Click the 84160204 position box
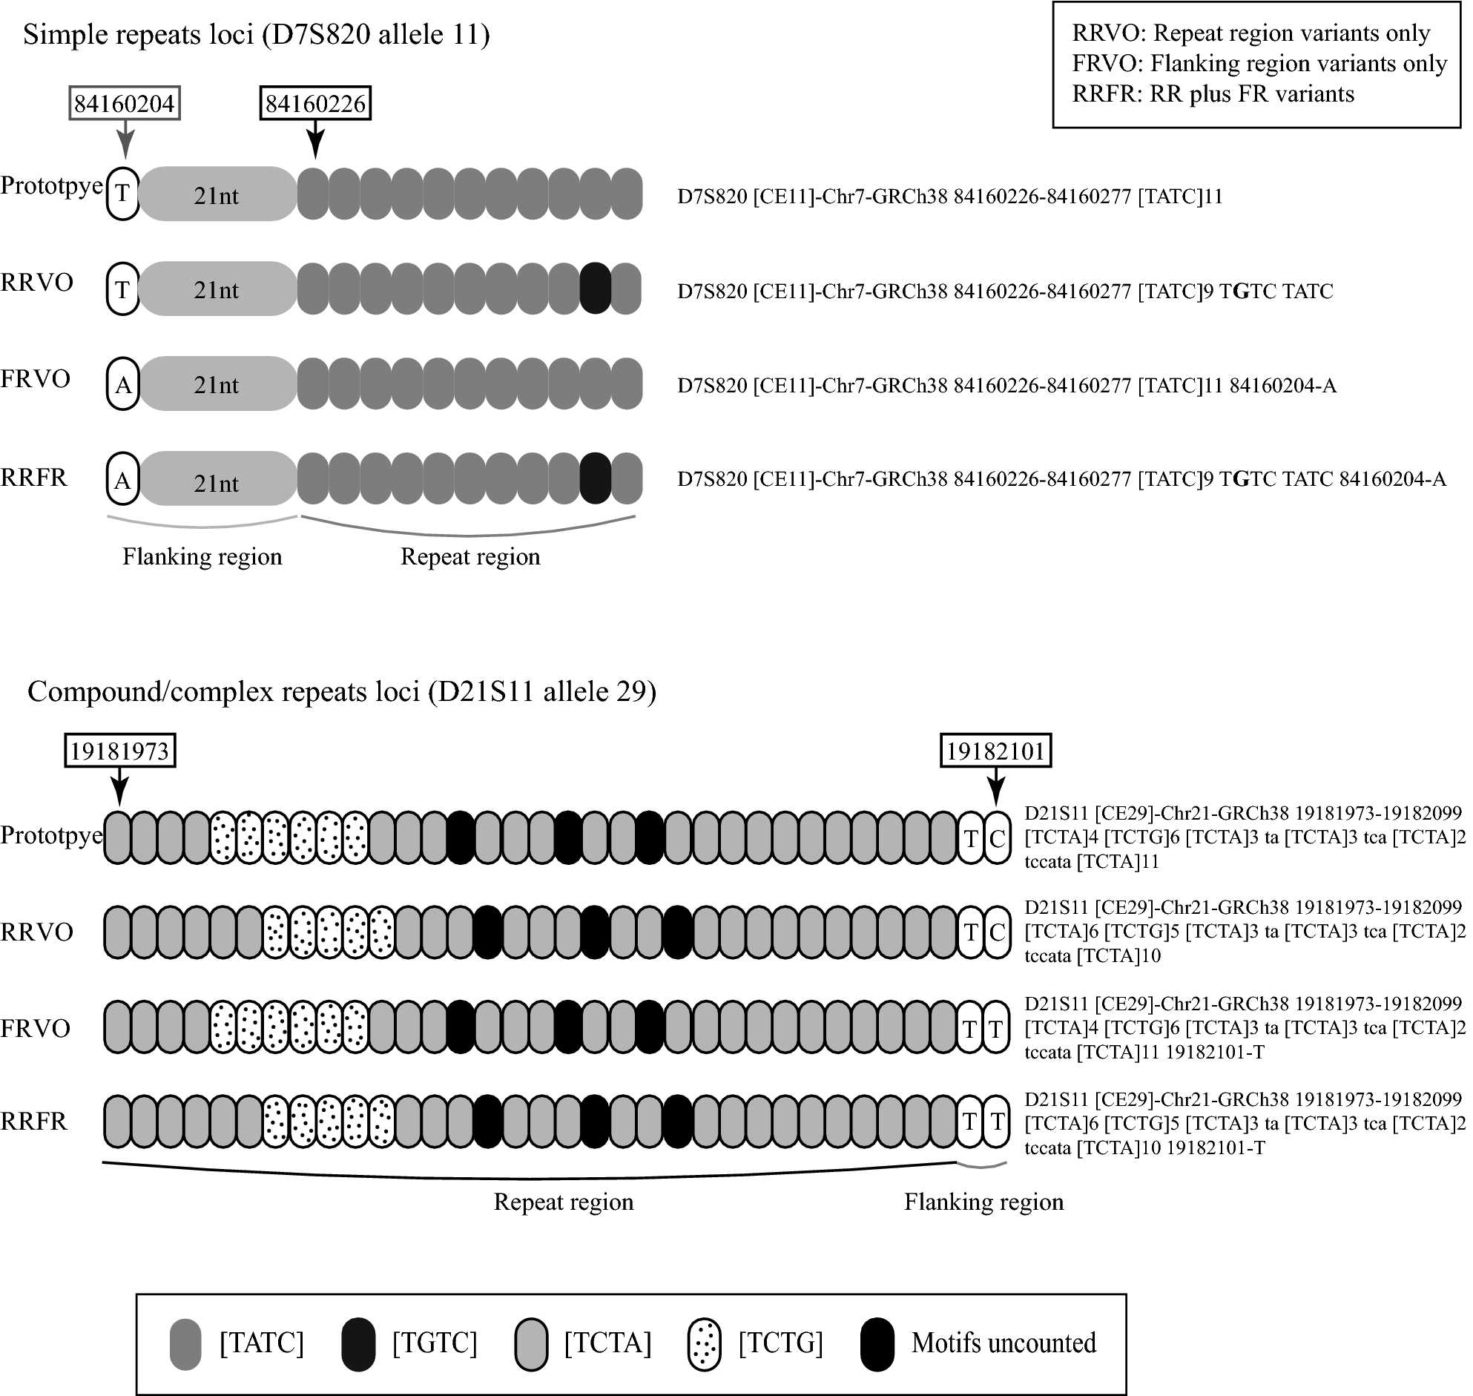pyautogui.click(x=125, y=103)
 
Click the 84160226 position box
pyautogui.click(x=315, y=103)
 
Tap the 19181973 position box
pyautogui.click(x=120, y=751)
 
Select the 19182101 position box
pyautogui.click(x=996, y=751)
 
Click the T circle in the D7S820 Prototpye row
pyautogui.click(x=124, y=194)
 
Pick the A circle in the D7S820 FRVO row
pyautogui.click(x=124, y=384)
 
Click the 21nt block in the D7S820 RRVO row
pyautogui.click(x=217, y=289)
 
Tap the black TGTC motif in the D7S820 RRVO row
pyautogui.click(x=595, y=289)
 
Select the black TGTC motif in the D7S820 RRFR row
pyautogui.click(x=595, y=478)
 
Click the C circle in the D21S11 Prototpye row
pyautogui.click(x=997, y=839)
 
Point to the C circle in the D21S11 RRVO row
pyautogui.click(x=997, y=932)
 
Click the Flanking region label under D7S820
pyautogui.click(x=202, y=556)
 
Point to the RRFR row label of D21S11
pyautogui.click(x=34, y=1122)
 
